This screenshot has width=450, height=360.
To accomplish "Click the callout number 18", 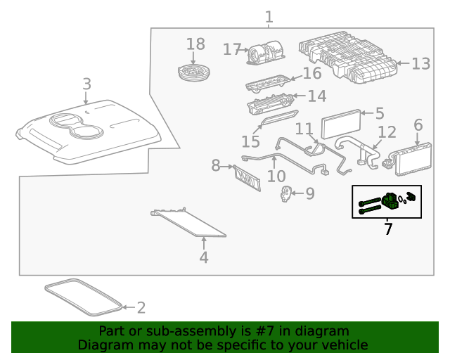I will (195, 44).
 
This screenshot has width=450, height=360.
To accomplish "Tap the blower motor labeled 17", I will (265, 53).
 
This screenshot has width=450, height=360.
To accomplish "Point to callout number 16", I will (311, 74).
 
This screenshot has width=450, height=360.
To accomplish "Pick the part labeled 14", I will (271, 106).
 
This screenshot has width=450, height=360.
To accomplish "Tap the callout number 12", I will (387, 131).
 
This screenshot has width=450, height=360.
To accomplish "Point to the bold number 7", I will (387, 229).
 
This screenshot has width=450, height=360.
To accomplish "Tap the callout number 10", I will (276, 176).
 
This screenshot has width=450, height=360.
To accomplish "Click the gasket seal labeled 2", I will (83, 297).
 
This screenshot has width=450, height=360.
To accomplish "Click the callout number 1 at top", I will (269, 15).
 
